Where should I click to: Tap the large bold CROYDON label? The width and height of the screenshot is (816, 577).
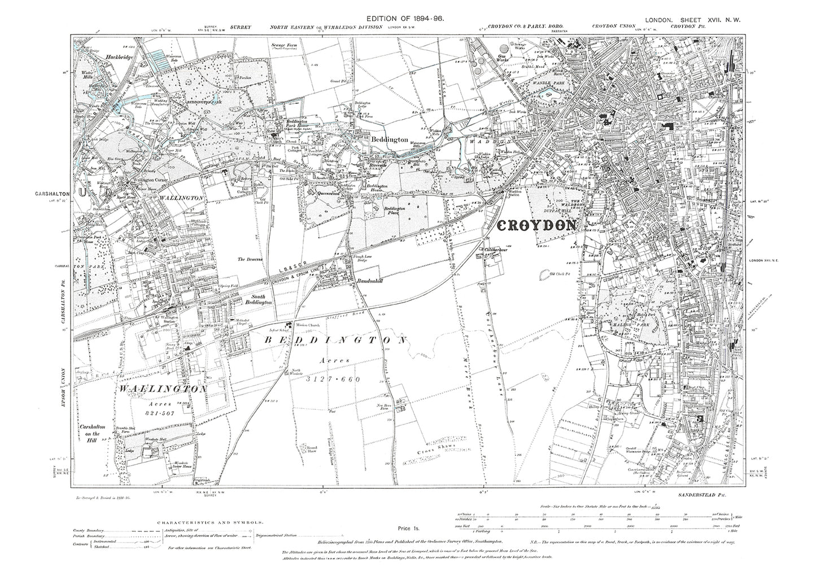(537, 225)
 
